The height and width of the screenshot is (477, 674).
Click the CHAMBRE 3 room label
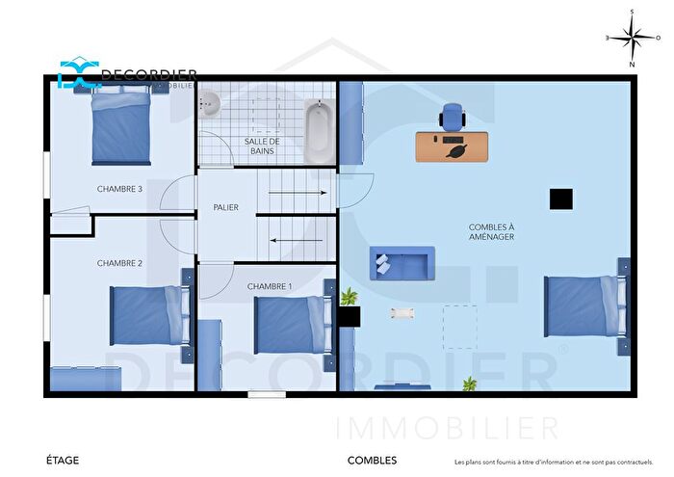coord(119,189)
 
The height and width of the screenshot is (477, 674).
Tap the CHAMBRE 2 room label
coord(119,263)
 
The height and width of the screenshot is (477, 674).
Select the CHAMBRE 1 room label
coord(270,286)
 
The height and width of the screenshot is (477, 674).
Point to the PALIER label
coord(225,208)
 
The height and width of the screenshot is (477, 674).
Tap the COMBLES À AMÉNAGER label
coord(491,231)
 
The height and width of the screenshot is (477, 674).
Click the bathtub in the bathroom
coord(317,133)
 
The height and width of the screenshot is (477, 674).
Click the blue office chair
coord(451,117)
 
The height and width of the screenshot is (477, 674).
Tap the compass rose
coord(632,39)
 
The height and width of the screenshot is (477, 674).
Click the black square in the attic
coord(561,199)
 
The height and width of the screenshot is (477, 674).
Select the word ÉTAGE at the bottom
coord(63,461)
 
